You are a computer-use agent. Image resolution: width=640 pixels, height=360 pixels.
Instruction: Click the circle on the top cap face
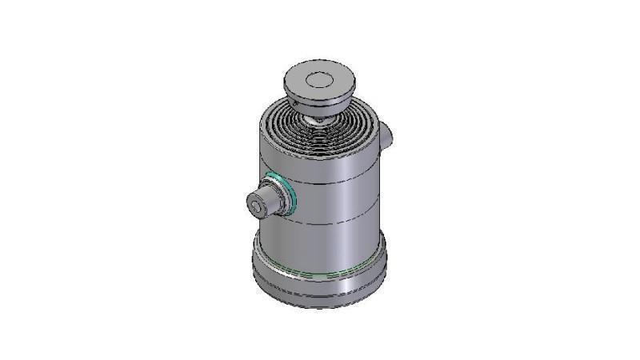[318, 79]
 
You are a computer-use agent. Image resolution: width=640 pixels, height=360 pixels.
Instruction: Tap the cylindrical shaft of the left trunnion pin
[264, 202]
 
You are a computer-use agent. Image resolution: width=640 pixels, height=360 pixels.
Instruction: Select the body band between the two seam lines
[336, 202]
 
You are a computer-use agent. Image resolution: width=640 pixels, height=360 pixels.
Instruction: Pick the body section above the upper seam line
[336, 160]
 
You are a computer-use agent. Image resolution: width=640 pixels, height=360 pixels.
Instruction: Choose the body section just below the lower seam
[336, 240]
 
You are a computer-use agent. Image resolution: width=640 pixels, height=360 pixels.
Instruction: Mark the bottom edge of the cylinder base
[320, 306]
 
